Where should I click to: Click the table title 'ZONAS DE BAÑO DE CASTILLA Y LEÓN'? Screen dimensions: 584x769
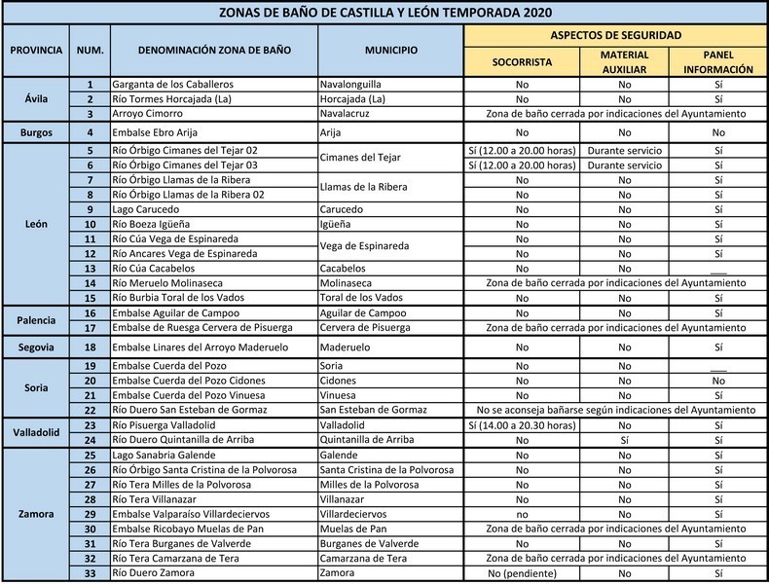(x=384, y=12)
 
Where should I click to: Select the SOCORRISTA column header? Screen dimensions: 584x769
(x=522, y=60)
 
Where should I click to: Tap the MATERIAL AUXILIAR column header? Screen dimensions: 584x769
(x=624, y=62)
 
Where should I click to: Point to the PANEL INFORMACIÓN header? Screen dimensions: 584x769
(x=717, y=62)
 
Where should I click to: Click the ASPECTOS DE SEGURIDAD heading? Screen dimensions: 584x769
(x=616, y=34)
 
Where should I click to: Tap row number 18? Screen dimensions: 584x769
(x=90, y=347)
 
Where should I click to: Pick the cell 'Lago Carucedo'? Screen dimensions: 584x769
(x=146, y=209)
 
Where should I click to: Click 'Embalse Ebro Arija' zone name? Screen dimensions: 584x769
(x=162, y=131)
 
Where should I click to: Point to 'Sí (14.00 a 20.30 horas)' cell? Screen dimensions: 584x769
(x=522, y=425)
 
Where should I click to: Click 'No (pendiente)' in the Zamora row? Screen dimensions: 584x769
(x=522, y=573)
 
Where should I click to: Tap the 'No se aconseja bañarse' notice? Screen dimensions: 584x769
(x=616, y=411)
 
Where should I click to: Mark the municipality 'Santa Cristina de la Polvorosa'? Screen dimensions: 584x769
(x=386, y=469)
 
